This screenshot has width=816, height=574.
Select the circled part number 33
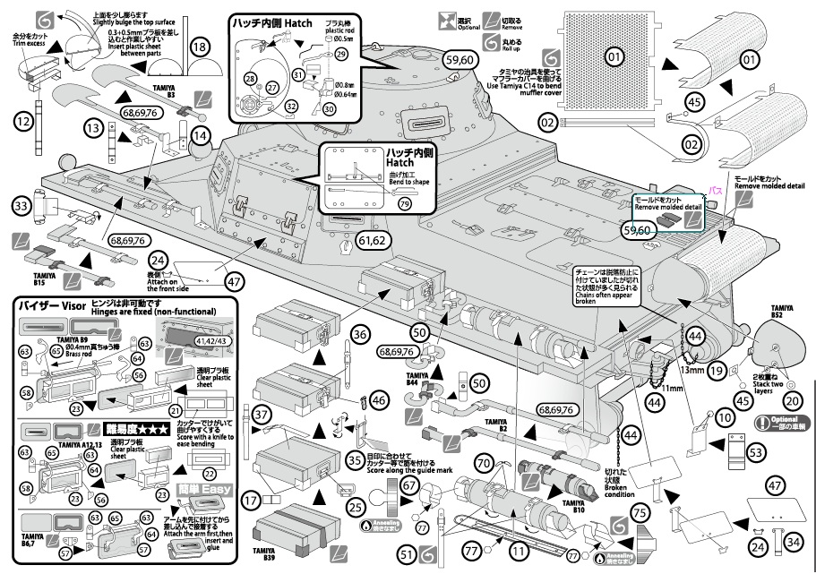click(22, 206)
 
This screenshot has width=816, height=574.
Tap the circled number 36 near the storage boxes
click(360, 334)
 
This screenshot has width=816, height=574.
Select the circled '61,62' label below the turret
click(375, 240)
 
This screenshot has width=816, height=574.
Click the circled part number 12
click(22, 120)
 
